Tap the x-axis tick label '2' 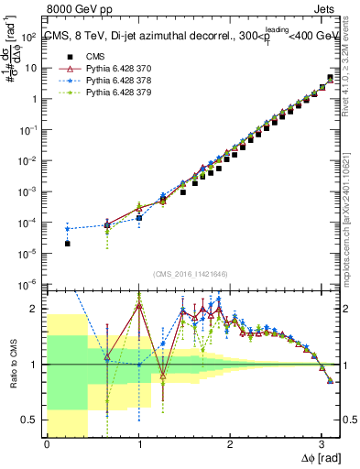230,445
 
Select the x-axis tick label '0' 47,445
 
